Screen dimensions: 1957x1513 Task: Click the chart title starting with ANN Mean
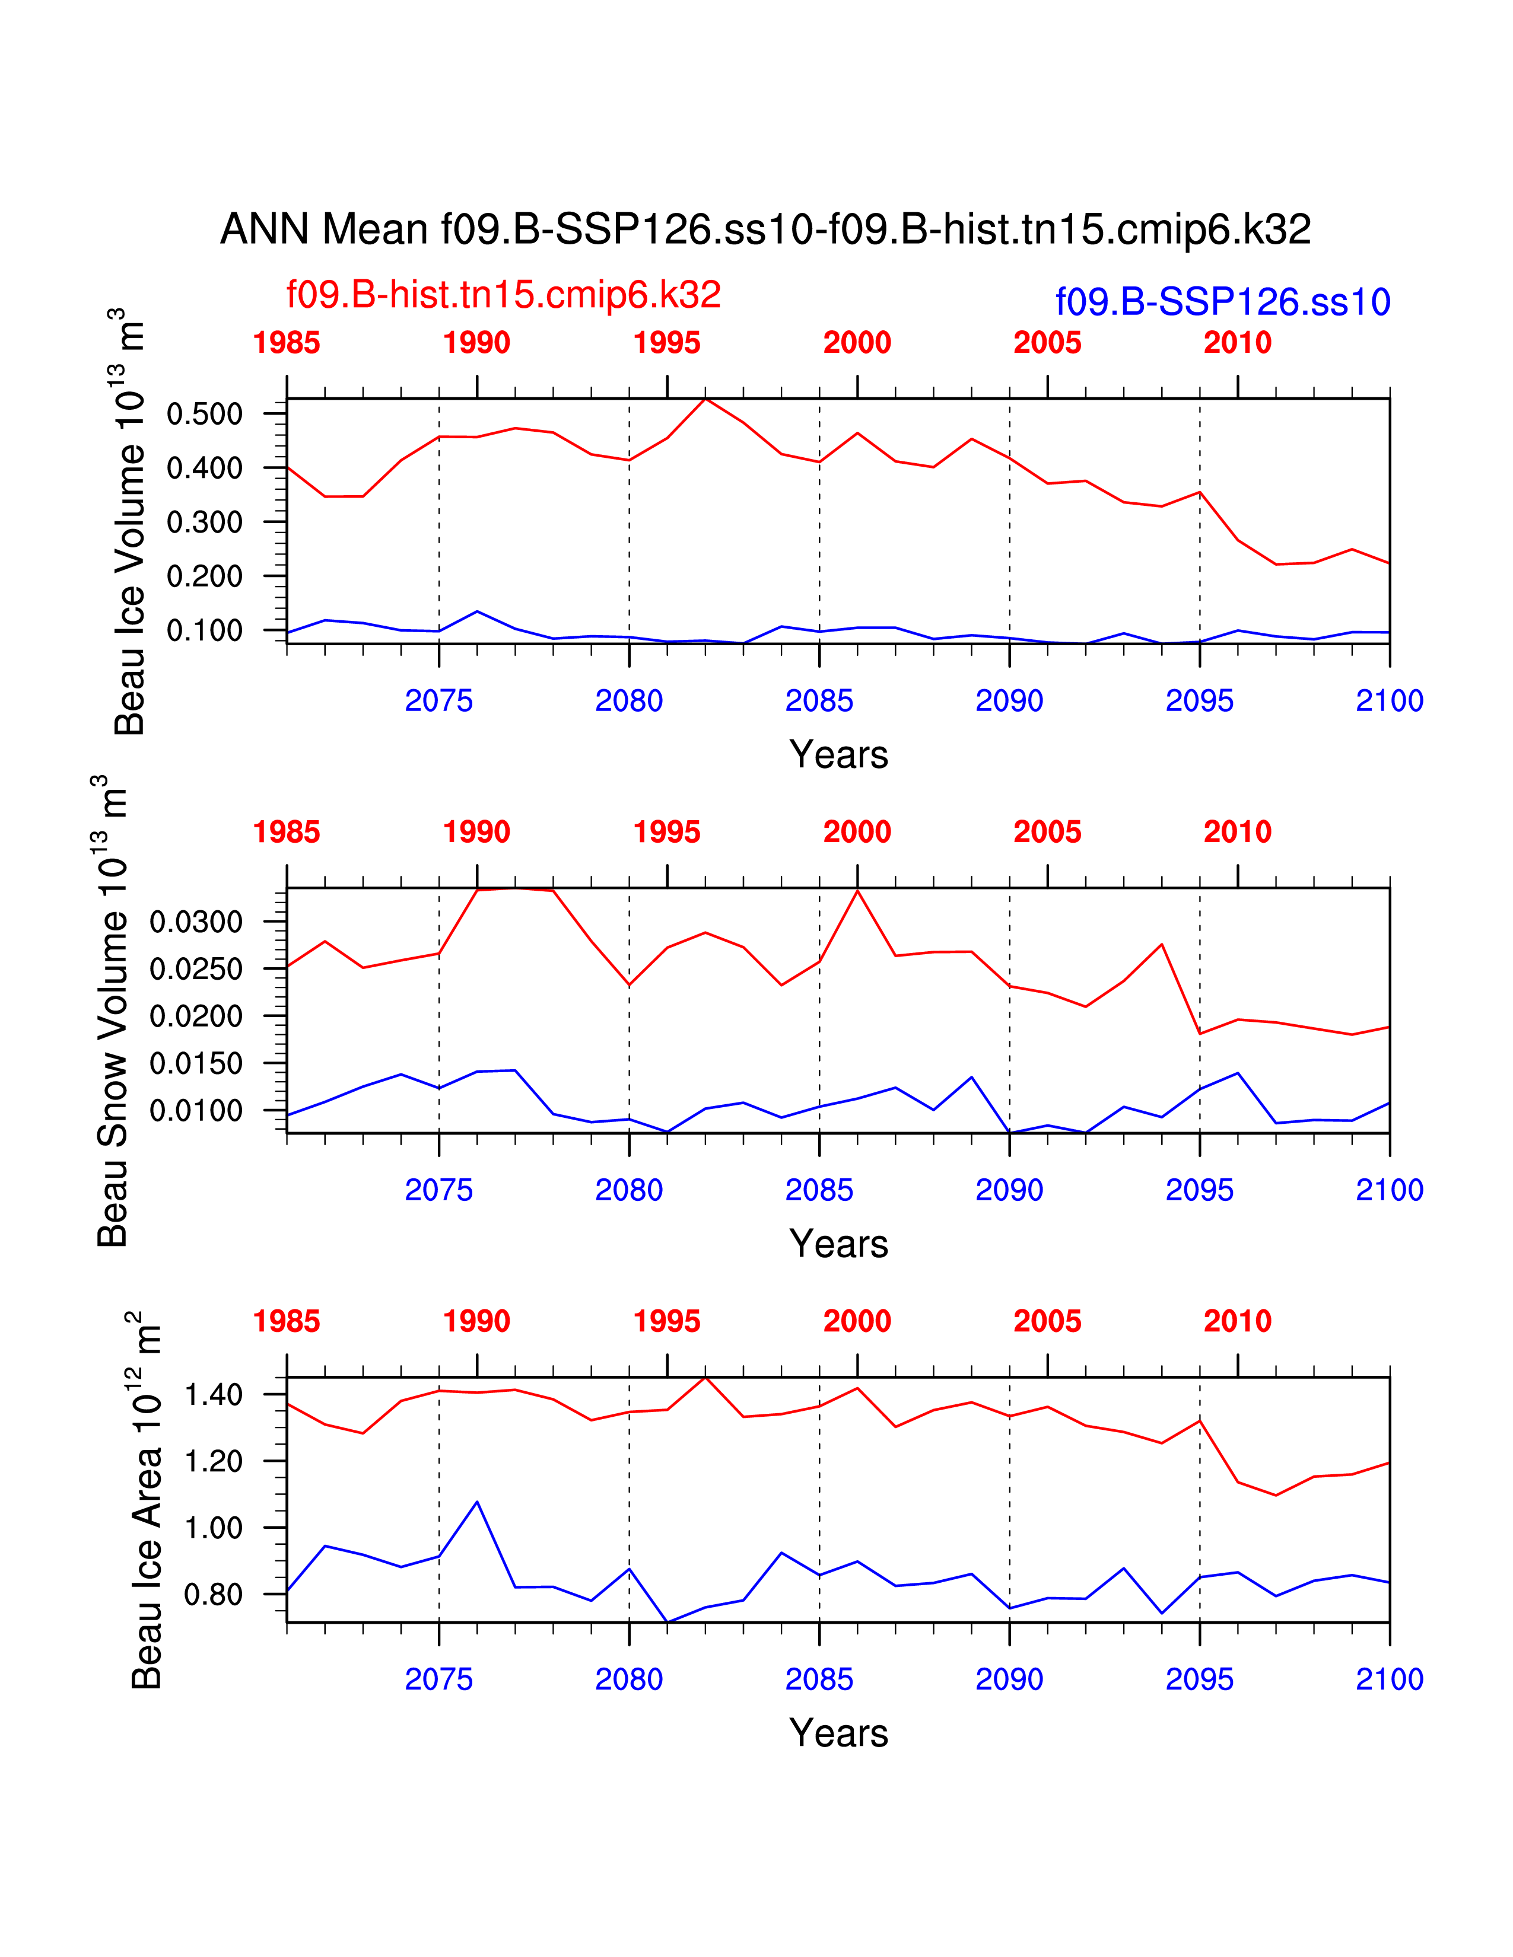point(765,230)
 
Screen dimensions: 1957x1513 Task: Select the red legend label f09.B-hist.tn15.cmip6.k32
point(503,295)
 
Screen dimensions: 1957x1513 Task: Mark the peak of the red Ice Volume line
point(705,399)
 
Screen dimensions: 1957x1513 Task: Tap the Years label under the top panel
point(838,754)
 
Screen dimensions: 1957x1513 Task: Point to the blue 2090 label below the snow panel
point(1009,1190)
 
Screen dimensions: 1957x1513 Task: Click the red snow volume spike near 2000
point(858,891)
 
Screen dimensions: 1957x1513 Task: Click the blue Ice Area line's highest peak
point(477,1502)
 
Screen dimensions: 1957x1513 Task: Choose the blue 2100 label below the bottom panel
point(1388,1679)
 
